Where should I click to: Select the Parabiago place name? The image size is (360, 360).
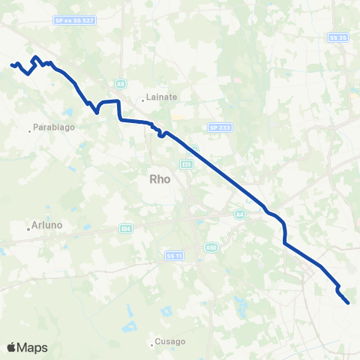pos(53,127)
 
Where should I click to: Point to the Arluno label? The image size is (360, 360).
pos(46,225)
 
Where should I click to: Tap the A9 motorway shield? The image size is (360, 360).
pos(120,83)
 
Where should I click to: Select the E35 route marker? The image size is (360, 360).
pos(187,163)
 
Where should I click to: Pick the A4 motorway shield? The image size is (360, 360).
pos(240,214)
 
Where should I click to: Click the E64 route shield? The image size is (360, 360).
pos(126,228)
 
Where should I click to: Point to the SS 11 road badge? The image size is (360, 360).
pos(174,256)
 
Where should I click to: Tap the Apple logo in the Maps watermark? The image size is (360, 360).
pos(12,347)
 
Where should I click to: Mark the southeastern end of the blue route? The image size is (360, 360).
pos(349,303)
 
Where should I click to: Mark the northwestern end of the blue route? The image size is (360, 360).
pos(11,65)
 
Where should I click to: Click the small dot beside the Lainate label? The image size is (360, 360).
pos(143,99)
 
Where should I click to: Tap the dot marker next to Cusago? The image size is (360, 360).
pos(152,345)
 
